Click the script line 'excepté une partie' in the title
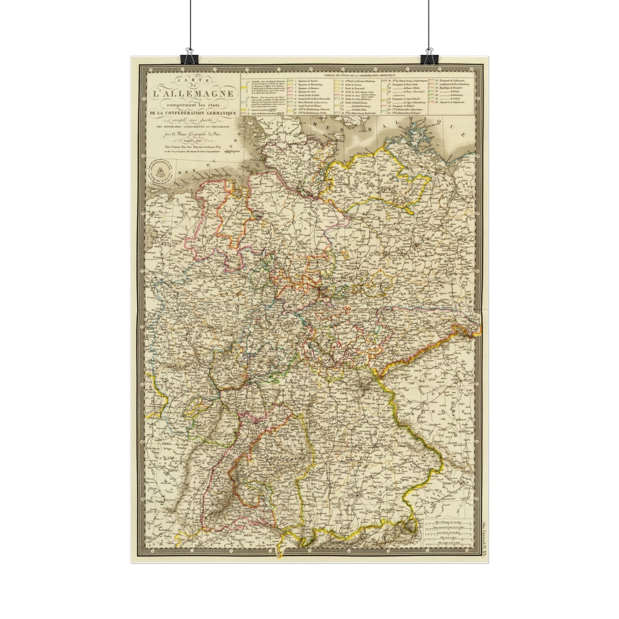coord(188,120)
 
